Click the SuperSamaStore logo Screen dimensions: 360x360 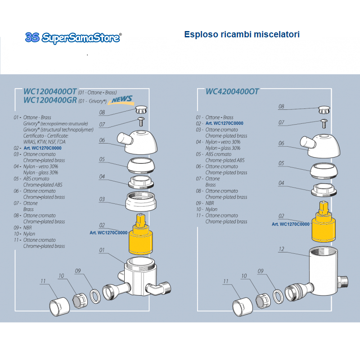pyautogui.click(x=73, y=37)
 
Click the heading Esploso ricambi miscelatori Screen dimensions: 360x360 pyautogui.click(x=242, y=35)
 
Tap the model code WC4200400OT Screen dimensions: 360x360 pyautogui.click(x=232, y=91)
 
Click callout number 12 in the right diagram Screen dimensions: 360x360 pyautogui.click(x=281, y=249)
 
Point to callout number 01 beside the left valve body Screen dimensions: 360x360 pyautogui.click(x=102, y=250)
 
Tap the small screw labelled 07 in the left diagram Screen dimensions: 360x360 pyautogui.click(x=140, y=121)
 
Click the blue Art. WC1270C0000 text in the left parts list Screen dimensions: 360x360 pyautogui.click(x=43, y=148)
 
